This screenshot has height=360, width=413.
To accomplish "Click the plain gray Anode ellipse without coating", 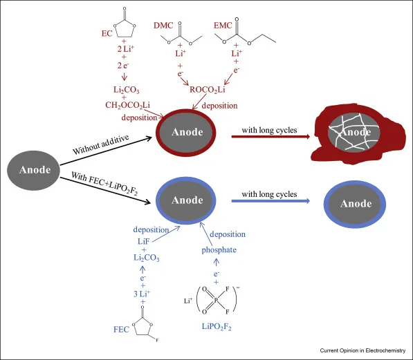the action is [33, 170].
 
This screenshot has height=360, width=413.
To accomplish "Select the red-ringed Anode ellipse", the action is [186, 133].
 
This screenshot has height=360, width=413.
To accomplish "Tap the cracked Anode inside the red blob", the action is [354, 133].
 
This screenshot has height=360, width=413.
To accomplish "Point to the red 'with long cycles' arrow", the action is [270, 136].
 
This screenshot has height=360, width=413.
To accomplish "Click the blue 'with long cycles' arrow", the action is [270, 201].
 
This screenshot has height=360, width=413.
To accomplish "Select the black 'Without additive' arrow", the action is [106, 151].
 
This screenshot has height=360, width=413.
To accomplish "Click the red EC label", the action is [107, 33].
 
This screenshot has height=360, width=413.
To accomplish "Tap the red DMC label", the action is [163, 26].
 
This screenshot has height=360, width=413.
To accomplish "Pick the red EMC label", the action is [223, 26].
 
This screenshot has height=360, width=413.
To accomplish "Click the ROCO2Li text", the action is [208, 90].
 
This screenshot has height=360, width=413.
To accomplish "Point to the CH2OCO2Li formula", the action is [127, 105].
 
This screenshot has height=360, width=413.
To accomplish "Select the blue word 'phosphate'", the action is [219, 249].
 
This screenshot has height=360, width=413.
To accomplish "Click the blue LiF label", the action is [144, 241].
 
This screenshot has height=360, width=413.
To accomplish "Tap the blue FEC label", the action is [121, 330].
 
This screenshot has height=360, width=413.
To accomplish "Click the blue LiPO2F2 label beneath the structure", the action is [217, 327].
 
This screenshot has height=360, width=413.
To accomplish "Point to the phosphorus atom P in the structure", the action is [216, 300].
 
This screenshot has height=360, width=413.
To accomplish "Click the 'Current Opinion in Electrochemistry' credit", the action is [362, 350].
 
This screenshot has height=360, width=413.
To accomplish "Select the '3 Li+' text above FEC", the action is [142, 294].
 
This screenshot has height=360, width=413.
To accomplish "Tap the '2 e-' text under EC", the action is [123, 65].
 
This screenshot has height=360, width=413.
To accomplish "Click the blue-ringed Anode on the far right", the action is [354, 205].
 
